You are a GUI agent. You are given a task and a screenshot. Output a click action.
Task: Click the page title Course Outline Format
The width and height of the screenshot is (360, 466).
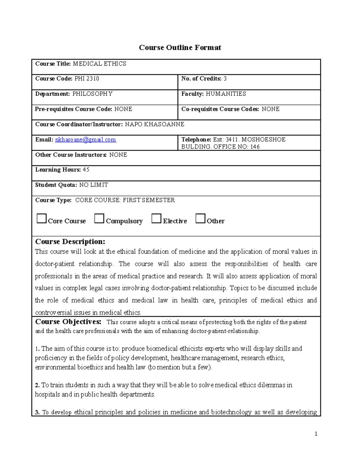coord(180,47)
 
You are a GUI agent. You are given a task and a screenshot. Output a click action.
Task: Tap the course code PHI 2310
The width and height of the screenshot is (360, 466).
coord(87,79)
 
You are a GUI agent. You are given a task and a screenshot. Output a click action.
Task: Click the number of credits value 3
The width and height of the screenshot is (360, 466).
coord(225,79)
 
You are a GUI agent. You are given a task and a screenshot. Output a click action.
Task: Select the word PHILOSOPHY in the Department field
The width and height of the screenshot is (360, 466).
coord(92,94)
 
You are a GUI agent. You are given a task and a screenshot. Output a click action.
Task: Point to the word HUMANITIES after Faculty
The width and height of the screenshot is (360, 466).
coord(226,94)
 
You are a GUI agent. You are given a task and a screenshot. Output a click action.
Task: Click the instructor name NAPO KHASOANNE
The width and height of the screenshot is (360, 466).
coord(154,124)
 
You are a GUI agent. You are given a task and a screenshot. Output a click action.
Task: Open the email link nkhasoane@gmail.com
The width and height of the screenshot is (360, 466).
coord(85,140)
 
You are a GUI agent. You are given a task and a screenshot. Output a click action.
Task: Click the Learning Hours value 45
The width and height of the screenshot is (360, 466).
coord(86,170)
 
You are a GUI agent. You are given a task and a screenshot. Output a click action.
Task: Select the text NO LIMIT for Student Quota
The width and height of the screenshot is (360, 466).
coord(94,185)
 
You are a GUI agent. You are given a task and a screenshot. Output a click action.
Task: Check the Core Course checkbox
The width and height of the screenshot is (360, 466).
coord(41,218)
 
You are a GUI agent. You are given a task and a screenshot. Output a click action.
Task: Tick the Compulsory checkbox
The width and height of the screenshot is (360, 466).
coord(99,218)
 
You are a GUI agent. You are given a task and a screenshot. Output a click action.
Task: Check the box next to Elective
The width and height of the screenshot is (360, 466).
coord(156,218)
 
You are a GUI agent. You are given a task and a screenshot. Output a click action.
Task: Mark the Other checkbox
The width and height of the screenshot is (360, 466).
coord(200,218)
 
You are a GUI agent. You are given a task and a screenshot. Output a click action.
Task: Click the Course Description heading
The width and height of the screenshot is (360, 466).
coord(70,242)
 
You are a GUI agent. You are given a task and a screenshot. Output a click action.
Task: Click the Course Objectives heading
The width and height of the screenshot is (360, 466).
coord(68,322)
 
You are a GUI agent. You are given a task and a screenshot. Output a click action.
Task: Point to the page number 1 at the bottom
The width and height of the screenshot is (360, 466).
coord(316,434)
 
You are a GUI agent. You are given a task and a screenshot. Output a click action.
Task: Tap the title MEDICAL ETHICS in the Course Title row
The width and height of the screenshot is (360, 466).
coord(100,64)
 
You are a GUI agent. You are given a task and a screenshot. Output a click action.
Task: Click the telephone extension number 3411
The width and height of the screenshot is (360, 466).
coord(232,140)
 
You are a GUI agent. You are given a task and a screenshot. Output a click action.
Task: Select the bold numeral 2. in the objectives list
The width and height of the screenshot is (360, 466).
coord(37,385)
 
